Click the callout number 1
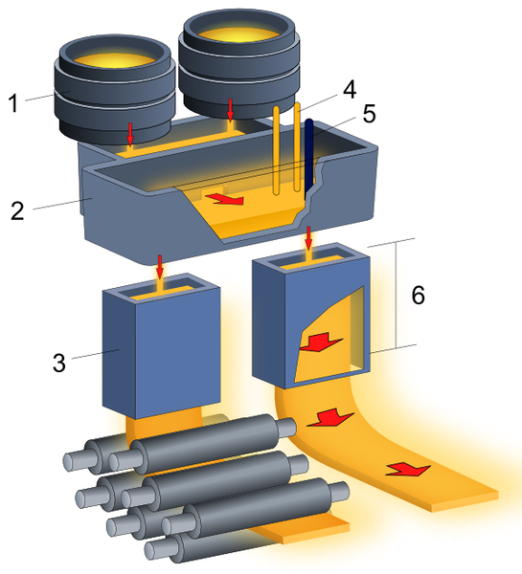point(13,103)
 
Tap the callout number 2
point(17,210)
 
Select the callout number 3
point(59,363)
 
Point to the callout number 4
point(350,90)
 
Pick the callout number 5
point(369,114)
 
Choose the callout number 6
point(419,295)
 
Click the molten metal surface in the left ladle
point(114,61)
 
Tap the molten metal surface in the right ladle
point(240,33)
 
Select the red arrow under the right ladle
point(230,110)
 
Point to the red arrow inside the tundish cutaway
point(224,198)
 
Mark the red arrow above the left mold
point(159,267)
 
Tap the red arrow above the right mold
point(308,238)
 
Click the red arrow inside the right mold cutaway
point(321,342)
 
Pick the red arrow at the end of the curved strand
point(408,469)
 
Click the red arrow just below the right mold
point(330,418)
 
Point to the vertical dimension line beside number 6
point(397,295)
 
